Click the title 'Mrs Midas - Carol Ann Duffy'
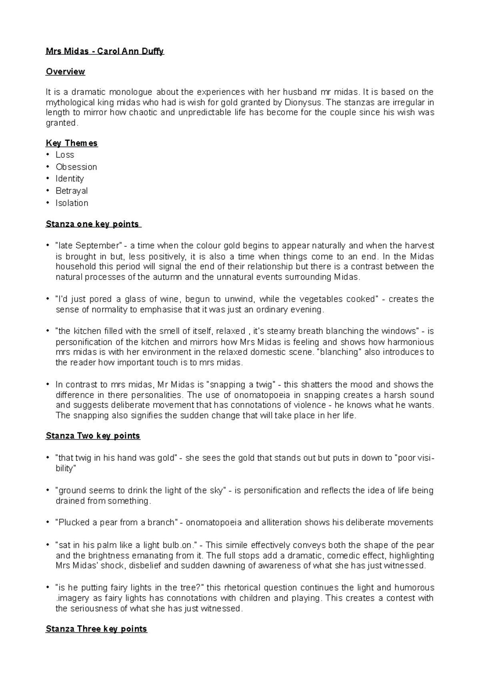point(105,51)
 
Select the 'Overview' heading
point(65,72)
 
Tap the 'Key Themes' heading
point(72,143)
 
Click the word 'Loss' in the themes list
point(65,155)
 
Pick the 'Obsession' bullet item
point(76,167)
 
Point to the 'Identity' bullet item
point(70,179)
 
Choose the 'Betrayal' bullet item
point(72,191)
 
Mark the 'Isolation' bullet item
point(72,203)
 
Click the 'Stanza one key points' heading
point(93,224)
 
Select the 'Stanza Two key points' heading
point(93,436)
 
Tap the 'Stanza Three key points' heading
point(96,629)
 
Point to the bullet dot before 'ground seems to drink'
point(48,490)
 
